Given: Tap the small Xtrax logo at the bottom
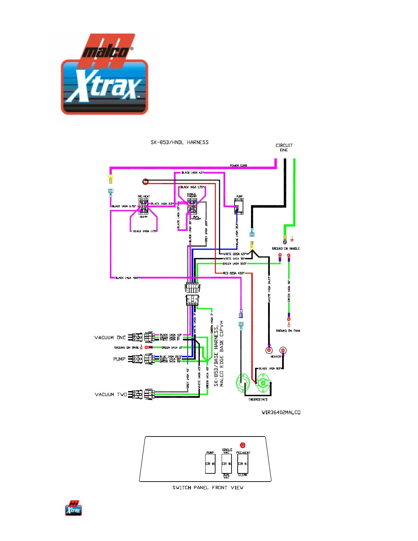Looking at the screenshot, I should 73,508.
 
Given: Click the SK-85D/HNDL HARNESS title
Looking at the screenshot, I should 180,142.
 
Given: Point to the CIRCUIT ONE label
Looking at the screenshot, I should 284,148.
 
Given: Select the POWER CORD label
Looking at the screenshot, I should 238,166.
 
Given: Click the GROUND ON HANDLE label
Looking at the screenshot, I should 286,249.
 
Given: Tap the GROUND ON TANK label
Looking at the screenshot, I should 288,331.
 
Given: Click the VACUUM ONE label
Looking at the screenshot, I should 110,337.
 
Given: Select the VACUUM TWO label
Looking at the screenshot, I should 111,394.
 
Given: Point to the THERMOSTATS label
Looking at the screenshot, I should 258,399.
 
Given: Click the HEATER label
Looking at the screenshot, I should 276,357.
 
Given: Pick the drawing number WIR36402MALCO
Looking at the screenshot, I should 281,412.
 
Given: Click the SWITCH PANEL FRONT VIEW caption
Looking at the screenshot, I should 208,488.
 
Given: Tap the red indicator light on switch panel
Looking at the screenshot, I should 243,445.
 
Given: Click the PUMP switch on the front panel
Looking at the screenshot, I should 210,463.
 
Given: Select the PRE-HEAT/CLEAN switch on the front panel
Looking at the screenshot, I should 243,463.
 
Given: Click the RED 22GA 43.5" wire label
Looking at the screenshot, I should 234,273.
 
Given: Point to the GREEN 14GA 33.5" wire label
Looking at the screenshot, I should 235,264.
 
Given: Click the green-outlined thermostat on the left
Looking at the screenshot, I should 243,383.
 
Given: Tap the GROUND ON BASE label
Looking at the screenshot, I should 126,348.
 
